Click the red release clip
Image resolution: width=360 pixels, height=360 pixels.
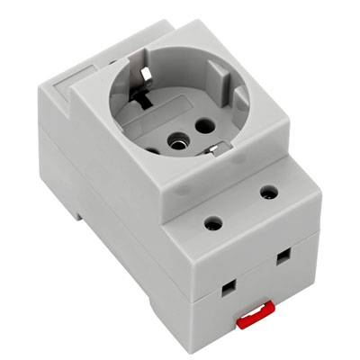pyautogui.click(x=254, y=311)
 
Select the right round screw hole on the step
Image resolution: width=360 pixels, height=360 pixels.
pyautogui.click(x=267, y=192)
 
